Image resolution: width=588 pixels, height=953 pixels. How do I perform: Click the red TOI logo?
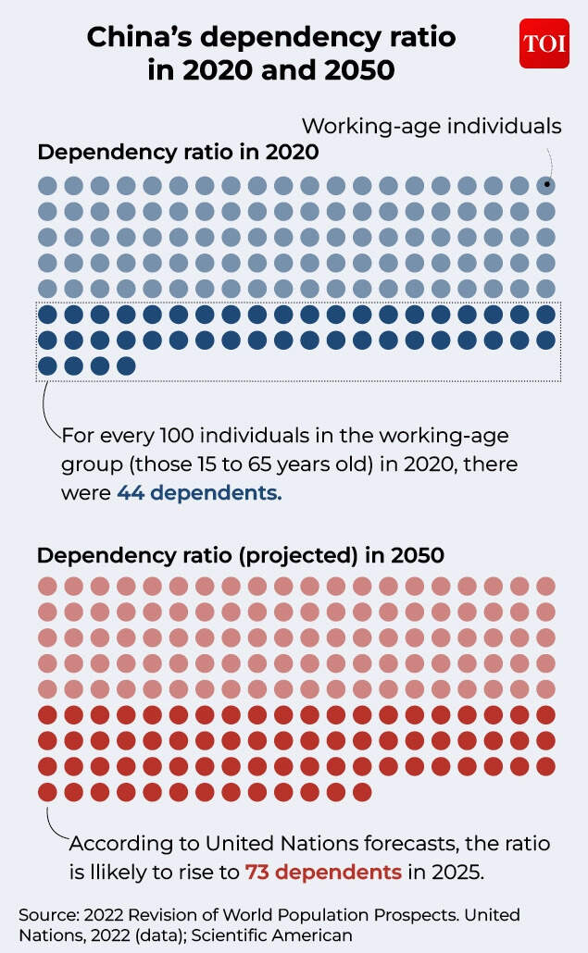[x=544, y=43]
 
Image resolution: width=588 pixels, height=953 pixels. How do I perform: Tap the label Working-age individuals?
[x=432, y=125]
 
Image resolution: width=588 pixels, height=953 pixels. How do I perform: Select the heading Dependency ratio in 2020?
[x=178, y=153]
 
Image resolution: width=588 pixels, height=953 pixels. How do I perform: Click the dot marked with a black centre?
[x=546, y=185]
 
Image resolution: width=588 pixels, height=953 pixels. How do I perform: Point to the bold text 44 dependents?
[x=199, y=493]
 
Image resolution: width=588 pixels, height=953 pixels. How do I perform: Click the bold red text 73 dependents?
[x=323, y=872]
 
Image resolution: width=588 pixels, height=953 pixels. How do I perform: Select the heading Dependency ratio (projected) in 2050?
[x=240, y=556]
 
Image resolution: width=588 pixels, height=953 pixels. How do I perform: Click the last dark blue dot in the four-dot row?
[x=126, y=365]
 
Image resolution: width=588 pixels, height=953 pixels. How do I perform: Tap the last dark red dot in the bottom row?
[x=363, y=792]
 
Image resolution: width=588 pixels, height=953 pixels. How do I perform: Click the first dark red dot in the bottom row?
[x=46, y=792]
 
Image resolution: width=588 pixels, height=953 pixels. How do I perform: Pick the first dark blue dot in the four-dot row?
[x=46, y=365]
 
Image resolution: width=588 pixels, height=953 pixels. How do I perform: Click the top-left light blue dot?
[x=46, y=185]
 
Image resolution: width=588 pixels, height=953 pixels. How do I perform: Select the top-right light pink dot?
[x=546, y=586]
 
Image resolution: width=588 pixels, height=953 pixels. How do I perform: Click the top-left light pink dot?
[x=46, y=586]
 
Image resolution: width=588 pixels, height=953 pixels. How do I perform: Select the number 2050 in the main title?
[x=356, y=68]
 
